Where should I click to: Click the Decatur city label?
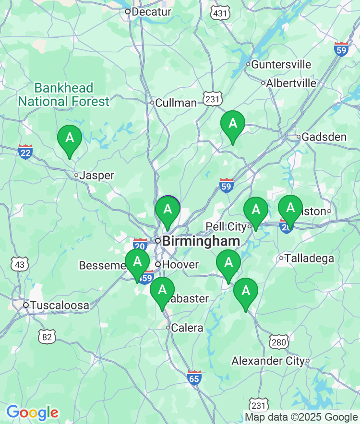pyautogui.click(x=151, y=11)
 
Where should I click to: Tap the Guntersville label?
pyautogui.click(x=281, y=64)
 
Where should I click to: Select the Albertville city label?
pyautogui.click(x=291, y=83)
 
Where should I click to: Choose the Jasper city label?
pyautogui.click(x=97, y=176)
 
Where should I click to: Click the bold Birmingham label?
pyautogui.click(x=201, y=241)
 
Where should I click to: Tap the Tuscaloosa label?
pyautogui.click(x=60, y=305)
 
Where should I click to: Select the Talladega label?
pyautogui.click(x=309, y=259)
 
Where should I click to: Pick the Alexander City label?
pyautogui.click(x=268, y=361)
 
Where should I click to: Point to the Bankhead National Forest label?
pyautogui.click(x=64, y=94)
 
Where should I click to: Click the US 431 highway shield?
pyautogui.click(x=220, y=13)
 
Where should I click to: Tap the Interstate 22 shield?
pyautogui.click(x=25, y=152)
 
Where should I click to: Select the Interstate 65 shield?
pyautogui.click(x=194, y=377)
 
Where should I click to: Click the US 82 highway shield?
pyautogui.click(x=47, y=336)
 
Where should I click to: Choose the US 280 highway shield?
pyautogui.click(x=279, y=342)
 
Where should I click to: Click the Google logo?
pyautogui.click(x=32, y=412)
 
